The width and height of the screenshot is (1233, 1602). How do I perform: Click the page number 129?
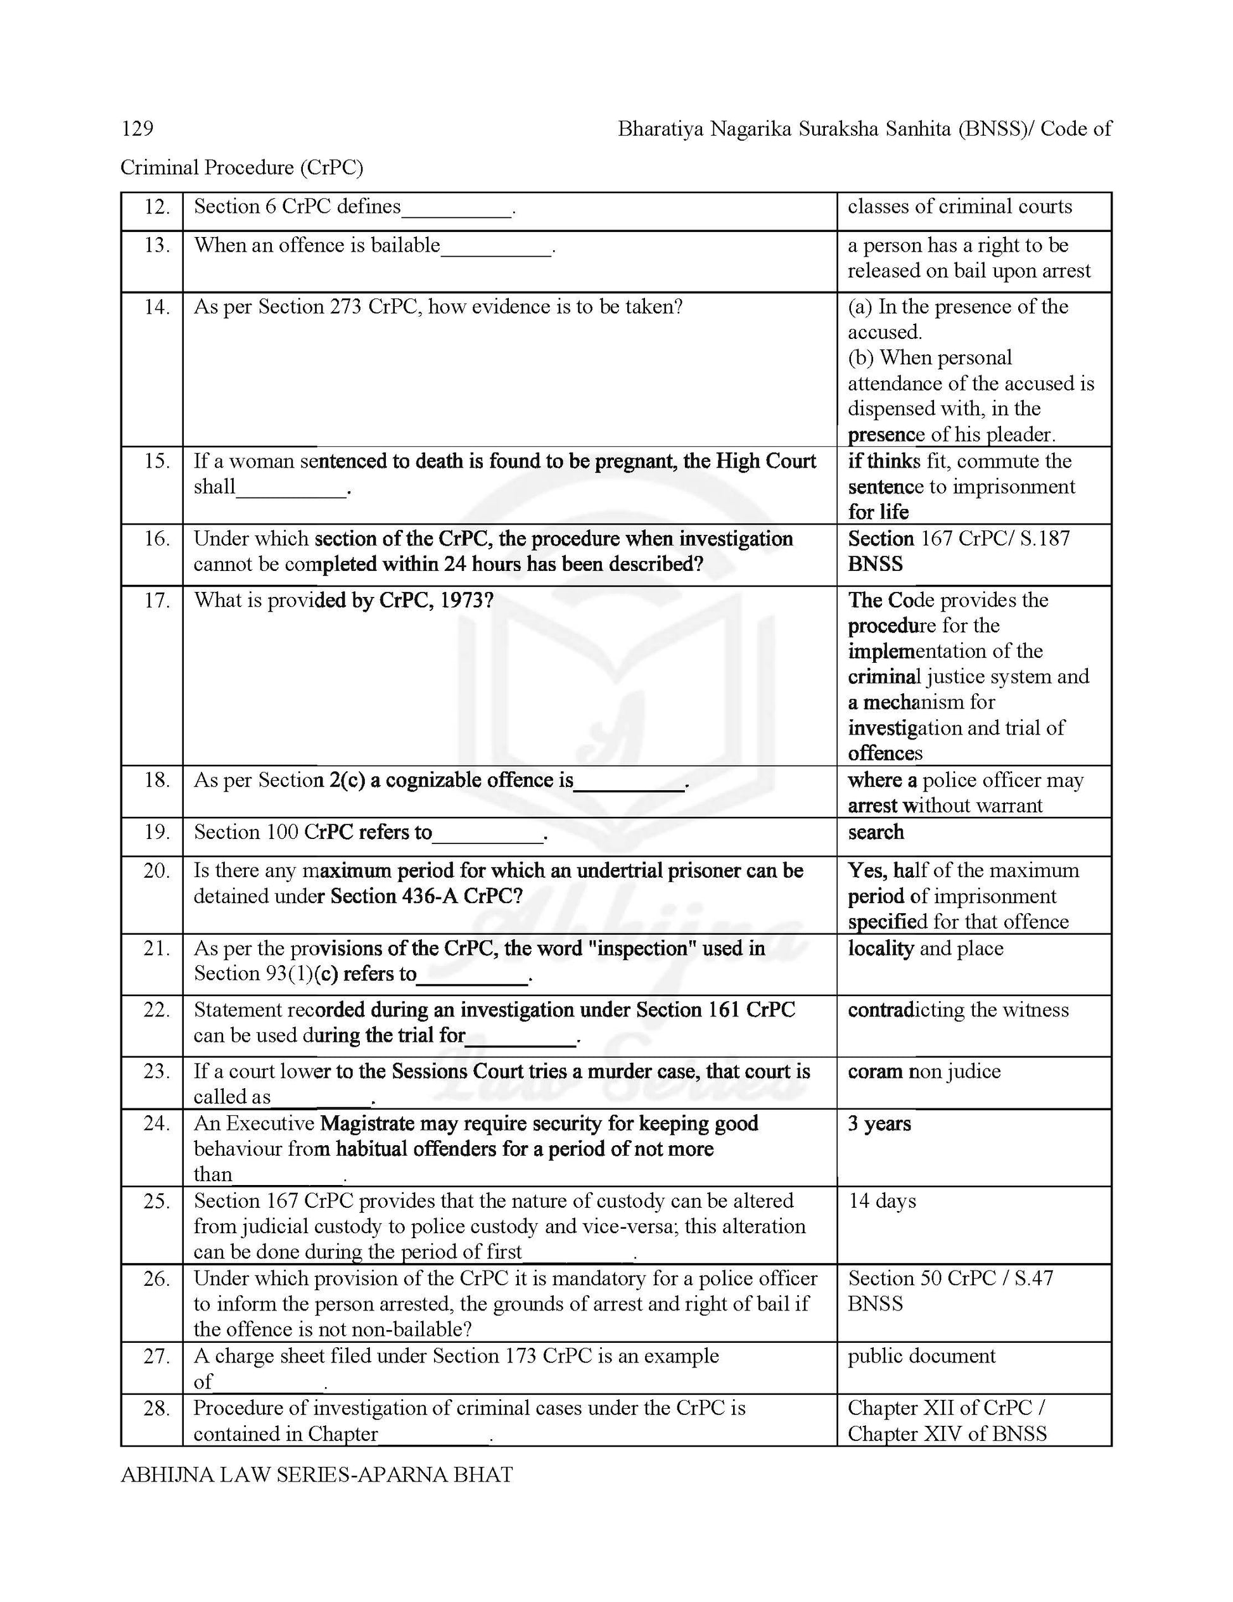coord(137,129)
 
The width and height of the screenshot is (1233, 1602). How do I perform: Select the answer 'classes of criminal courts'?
coord(959,207)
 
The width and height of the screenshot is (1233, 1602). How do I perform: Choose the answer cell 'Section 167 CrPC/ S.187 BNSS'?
coord(958,551)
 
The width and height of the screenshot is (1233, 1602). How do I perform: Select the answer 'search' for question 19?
coord(876,833)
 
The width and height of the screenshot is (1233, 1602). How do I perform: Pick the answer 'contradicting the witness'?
coord(958,1010)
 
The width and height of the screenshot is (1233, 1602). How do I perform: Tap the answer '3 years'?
coord(879,1124)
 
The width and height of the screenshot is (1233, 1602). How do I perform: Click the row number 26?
coord(157,1279)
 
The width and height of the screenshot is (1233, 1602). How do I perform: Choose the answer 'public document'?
coord(921,1355)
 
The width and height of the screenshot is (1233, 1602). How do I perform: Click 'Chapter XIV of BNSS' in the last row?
coord(947,1433)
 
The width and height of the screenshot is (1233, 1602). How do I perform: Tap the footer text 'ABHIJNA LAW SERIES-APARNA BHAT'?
coord(316,1475)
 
